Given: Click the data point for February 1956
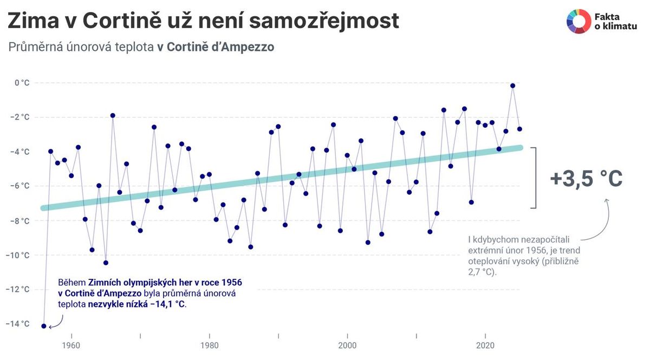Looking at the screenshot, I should click(x=44, y=326).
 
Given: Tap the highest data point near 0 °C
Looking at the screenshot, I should click(x=512, y=86).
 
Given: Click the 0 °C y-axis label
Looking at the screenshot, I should click(x=22, y=83).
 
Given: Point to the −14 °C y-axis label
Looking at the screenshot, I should click(x=18, y=324).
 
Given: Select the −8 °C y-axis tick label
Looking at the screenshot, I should click(x=19, y=220).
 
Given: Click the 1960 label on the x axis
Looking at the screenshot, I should click(x=71, y=345).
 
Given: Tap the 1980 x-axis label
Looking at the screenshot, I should click(x=209, y=345).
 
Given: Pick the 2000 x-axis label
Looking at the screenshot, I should click(x=347, y=345).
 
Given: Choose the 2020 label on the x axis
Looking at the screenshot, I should click(x=485, y=345).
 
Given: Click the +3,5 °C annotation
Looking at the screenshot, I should click(x=586, y=178).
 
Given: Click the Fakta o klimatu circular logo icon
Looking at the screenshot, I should click(x=578, y=22).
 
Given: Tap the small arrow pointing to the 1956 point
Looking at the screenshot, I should click(x=56, y=323).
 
